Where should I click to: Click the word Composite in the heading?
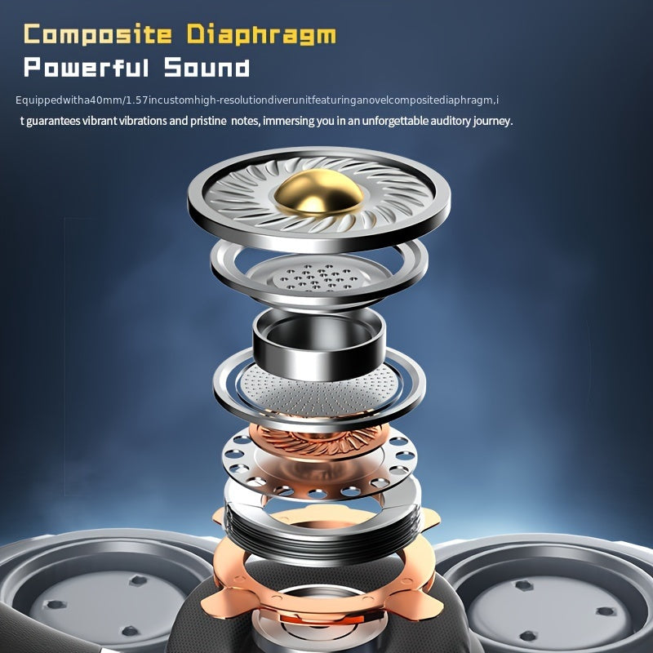pyautogui.click(x=98, y=35)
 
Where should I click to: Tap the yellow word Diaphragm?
pyautogui.click(x=261, y=35)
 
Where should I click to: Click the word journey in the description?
pyautogui.click(x=491, y=121)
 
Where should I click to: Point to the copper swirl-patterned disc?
pyautogui.click(x=318, y=441)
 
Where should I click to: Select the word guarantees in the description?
pyautogui.click(x=55, y=121)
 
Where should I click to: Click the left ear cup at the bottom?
pyautogui.click(x=90, y=596)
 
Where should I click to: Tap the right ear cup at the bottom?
pyautogui.click(x=555, y=596)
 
